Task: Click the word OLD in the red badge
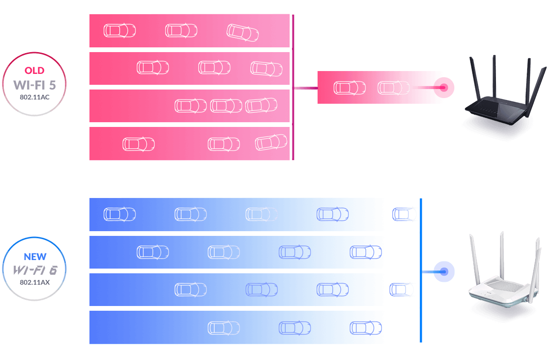click(x=34, y=71)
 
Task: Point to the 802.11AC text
click(x=34, y=97)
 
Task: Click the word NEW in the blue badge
click(x=35, y=257)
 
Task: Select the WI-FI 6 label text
click(x=35, y=270)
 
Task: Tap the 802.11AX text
click(x=35, y=282)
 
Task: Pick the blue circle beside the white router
click(x=444, y=271)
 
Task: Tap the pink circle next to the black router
click(x=444, y=88)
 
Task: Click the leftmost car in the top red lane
click(x=120, y=31)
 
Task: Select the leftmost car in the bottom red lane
click(x=139, y=144)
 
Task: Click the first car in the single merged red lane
click(x=350, y=88)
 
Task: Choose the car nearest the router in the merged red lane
click(x=393, y=88)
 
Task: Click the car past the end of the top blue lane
click(x=405, y=215)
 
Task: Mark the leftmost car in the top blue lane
click(x=120, y=215)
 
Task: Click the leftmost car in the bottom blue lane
click(x=224, y=328)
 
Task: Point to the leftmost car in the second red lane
click(x=153, y=68)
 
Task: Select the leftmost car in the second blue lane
click(x=153, y=252)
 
